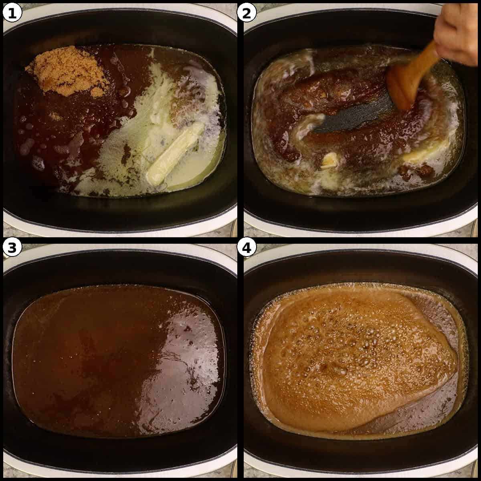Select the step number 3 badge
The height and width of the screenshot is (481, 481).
point(11,249)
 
